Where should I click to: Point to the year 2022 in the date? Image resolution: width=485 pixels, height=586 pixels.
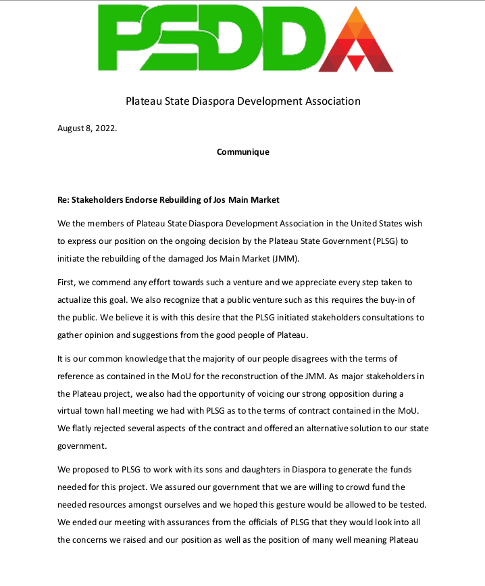point(105,130)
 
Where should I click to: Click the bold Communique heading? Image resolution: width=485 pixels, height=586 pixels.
point(242,152)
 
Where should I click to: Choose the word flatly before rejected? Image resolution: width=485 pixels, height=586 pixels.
point(85,429)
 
